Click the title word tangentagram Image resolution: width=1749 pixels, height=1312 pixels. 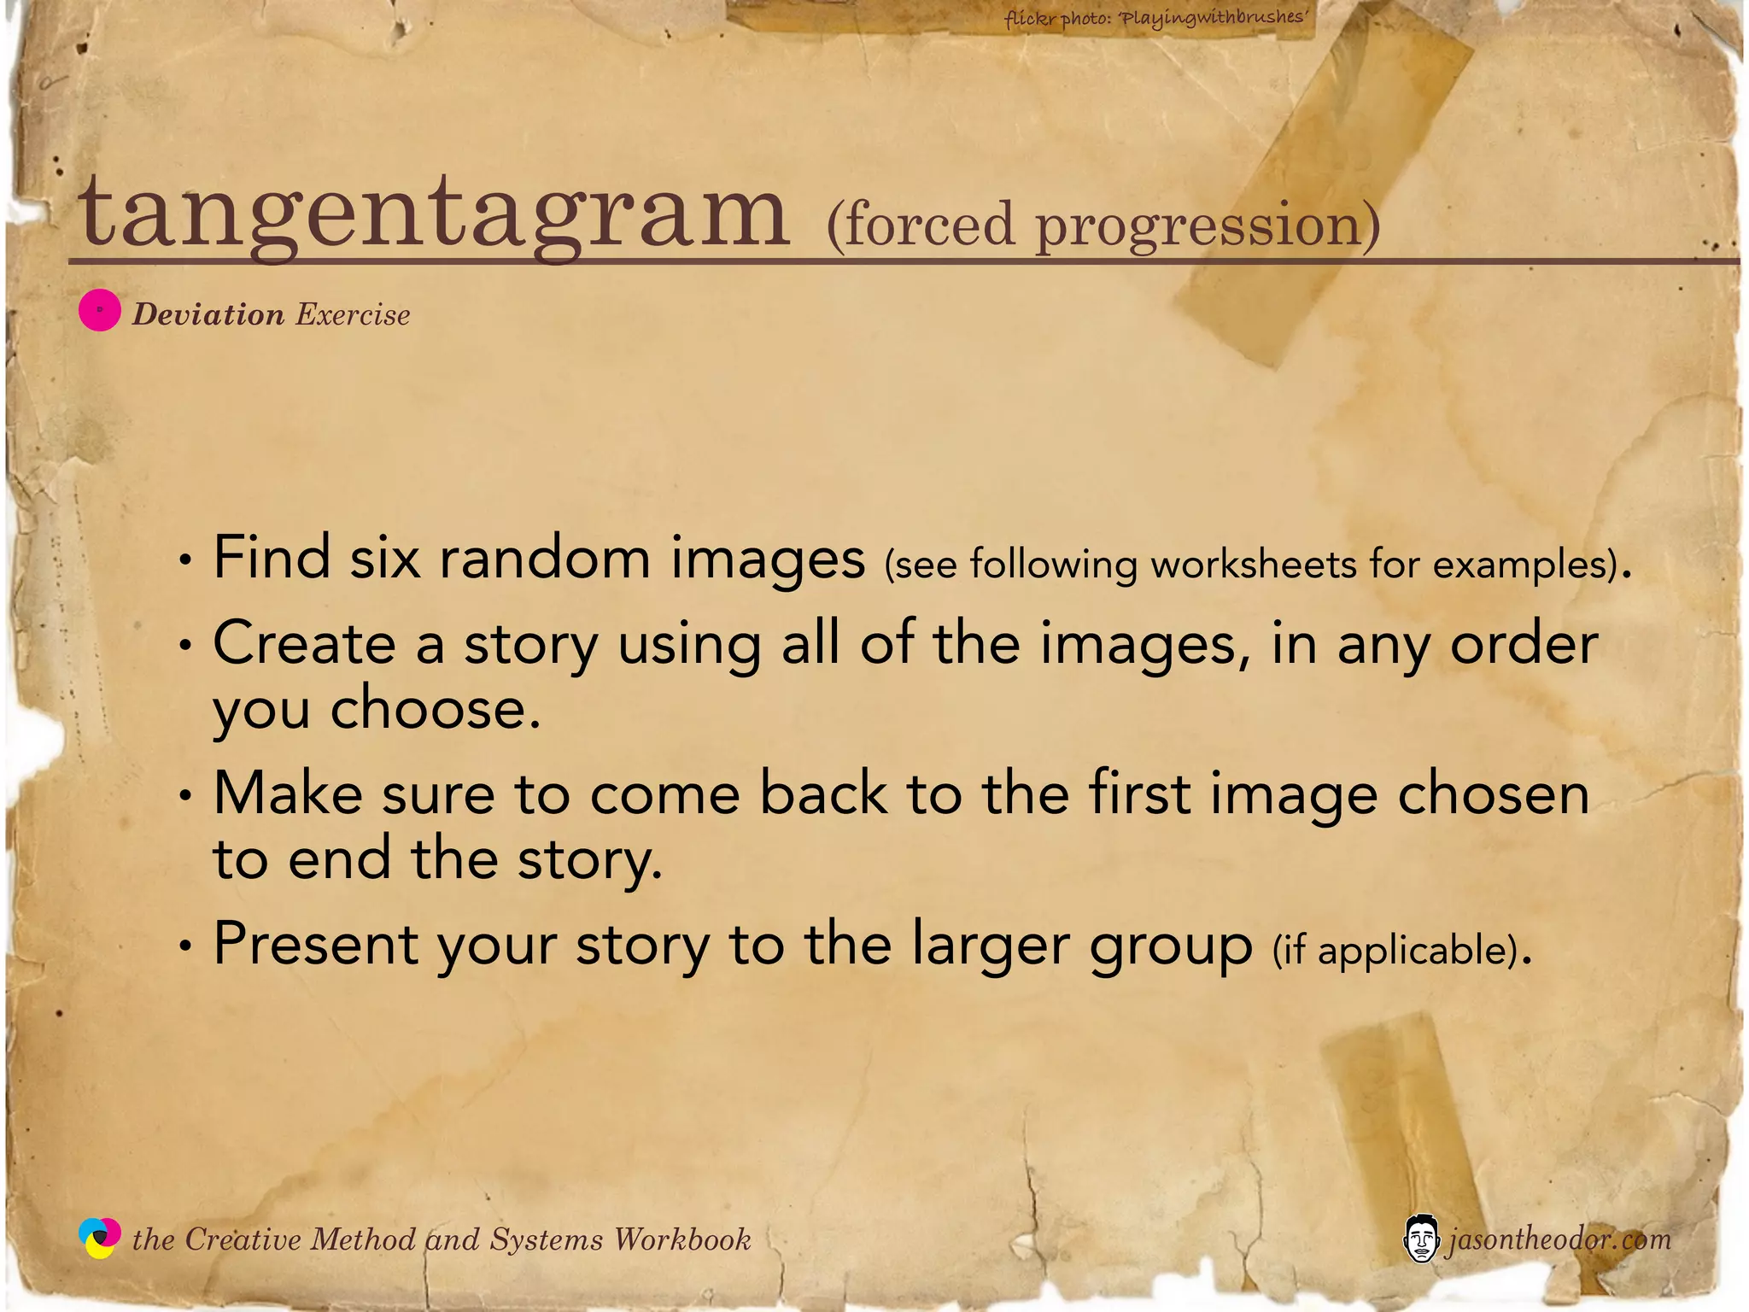pyautogui.click(x=434, y=214)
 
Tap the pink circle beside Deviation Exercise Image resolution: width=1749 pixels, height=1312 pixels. pyautogui.click(x=99, y=310)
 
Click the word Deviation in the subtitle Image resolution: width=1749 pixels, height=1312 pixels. pyautogui.click(x=208, y=314)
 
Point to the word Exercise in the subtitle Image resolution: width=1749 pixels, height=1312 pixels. pyautogui.click(x=353, y=314)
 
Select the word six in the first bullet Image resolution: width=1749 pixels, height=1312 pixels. pyautogui.click(x=384, y=558)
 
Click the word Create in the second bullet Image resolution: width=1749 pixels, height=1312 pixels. pyautogui.click(x=304, y=642)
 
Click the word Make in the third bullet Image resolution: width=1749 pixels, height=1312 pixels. pyautogui.click(x=288, y=794)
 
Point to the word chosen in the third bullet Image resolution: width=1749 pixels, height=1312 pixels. pyautogui.click(x=1493, y=794)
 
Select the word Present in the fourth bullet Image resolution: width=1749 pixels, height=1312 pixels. pyautogui.click(x=316, y=944)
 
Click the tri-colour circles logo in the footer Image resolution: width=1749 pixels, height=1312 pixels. pyautogui.click(x=99, y=1238)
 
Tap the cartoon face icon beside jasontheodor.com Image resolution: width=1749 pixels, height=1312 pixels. pyautogui.click(x=1420, y=1239)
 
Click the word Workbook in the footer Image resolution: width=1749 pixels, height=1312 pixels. pyautogui.click(x=682, y=1239)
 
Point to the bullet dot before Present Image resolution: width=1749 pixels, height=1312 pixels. pyautogui.click(x=184, y=946)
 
